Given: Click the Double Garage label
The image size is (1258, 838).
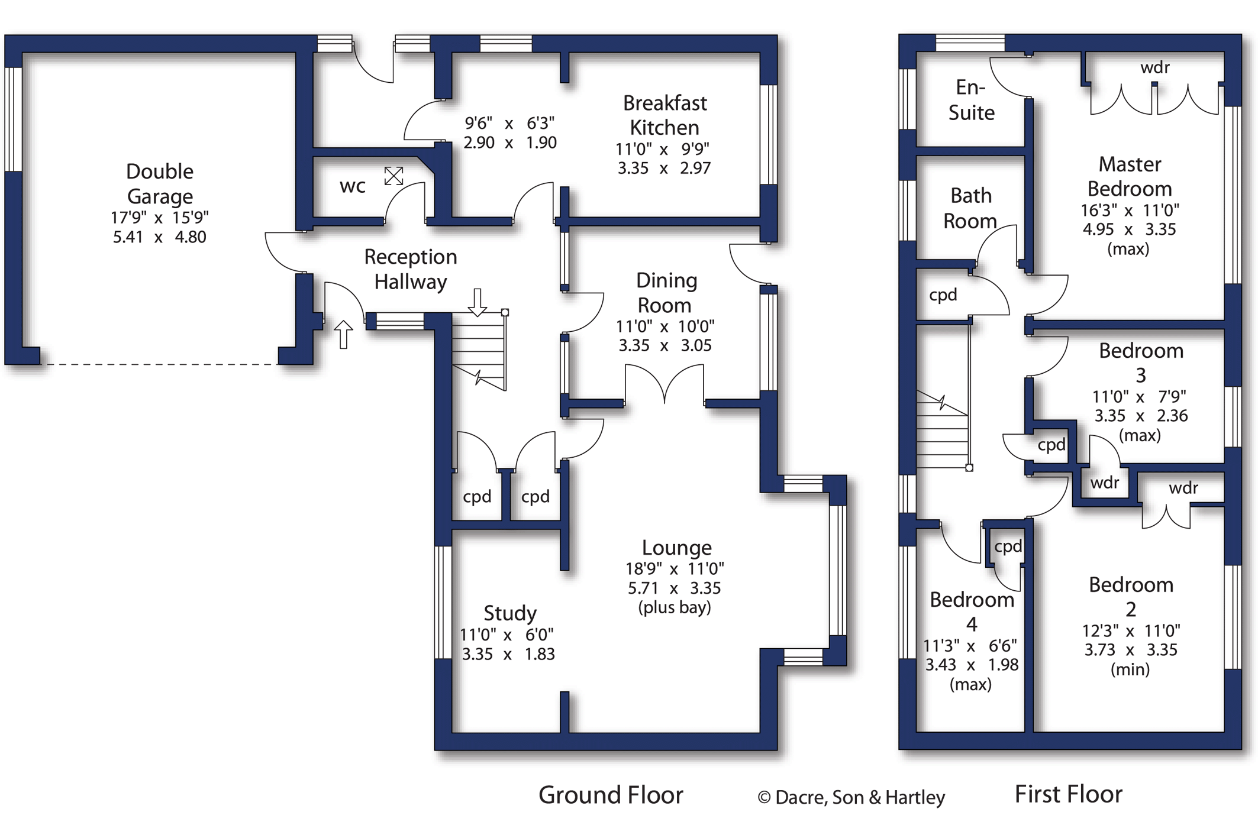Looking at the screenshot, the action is pyautogui.click(x=160, y=183).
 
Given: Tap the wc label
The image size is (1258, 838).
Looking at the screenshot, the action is pyautogui.click(x=353, y=187).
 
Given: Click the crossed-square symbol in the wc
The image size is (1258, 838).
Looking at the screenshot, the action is pyautogui.click(x=393, y=176).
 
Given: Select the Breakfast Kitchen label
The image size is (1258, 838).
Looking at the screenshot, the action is pyautogui.click(x=665, y=115).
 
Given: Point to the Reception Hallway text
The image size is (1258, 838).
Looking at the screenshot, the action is pyautogui.click(x=411, y=269).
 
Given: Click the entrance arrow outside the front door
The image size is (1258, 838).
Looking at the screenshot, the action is pyautogui.click(x=344, y=334).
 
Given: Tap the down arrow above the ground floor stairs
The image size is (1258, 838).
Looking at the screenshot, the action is pyautogui.click(x=478, y=302).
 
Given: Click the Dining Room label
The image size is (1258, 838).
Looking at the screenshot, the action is pyautogui.click(x=666, y=293).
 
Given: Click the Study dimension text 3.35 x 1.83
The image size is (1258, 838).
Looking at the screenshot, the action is pyautogui.click(x=508, y=655).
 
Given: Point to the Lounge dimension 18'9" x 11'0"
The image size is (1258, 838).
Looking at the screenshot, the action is pyautogui.click(x=675, y=569).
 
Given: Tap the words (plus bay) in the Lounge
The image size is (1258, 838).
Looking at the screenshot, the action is pyautogui.click(x=675, y=608).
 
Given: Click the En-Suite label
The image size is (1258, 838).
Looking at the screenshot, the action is pyautogui.click(x=971, y=100).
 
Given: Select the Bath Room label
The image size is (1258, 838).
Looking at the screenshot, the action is pyautogui.click(x=970, y=208).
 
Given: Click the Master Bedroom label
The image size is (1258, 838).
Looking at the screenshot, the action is pyautogui.click(x=1130, y=176).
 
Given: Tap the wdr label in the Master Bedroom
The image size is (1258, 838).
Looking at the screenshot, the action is pyautogui.click(x=1154, y=68).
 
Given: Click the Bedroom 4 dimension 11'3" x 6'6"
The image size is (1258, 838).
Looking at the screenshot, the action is pyautogui.click(x=970, y=646).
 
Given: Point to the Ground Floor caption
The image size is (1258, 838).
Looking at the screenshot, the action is pyautogui.click(x=611, y=795).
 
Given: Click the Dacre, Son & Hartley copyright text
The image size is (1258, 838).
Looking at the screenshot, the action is pyautogui.click(x=851, y=798).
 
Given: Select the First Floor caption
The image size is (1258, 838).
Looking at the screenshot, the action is pyautogui.click(x=1068, y=794).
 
